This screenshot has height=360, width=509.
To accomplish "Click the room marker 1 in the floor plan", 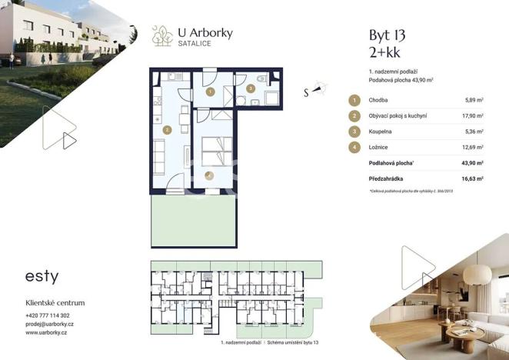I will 211,92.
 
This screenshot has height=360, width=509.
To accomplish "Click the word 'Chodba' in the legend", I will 379,100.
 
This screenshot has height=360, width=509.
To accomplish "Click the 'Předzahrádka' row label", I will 388,178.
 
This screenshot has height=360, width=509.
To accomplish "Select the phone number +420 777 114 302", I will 48,315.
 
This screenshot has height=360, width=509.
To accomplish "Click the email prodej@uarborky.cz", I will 50,324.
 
